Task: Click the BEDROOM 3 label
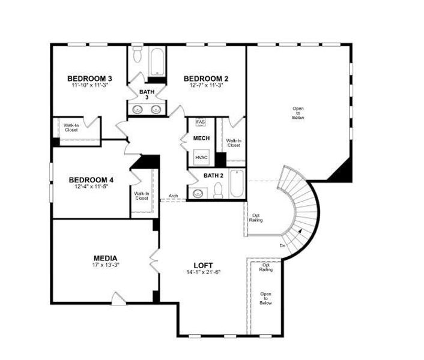(x=89, y=79)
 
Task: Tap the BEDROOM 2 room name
(x=205, y=79)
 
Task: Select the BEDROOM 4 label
(x=91, y=179)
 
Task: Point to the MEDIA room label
(x=105, y=258)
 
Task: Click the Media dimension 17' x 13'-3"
(x=106, y=265)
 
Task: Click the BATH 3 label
(x=147, y=95)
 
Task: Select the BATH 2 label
(x=213, y=176)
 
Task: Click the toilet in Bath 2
(x=219, y=190)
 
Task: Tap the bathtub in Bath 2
(x=237, y=185)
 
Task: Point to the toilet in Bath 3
(x=138, y=55)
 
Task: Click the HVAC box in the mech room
(x=201, y=158)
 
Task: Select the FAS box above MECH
(x=201, y=122)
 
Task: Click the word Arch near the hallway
(x=173, y=196)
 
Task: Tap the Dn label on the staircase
(x=282, y=245)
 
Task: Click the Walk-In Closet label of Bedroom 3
(x=71, y=127)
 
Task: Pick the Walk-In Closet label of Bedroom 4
(x=142, y=196)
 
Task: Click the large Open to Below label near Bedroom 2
(x=298, y=113)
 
